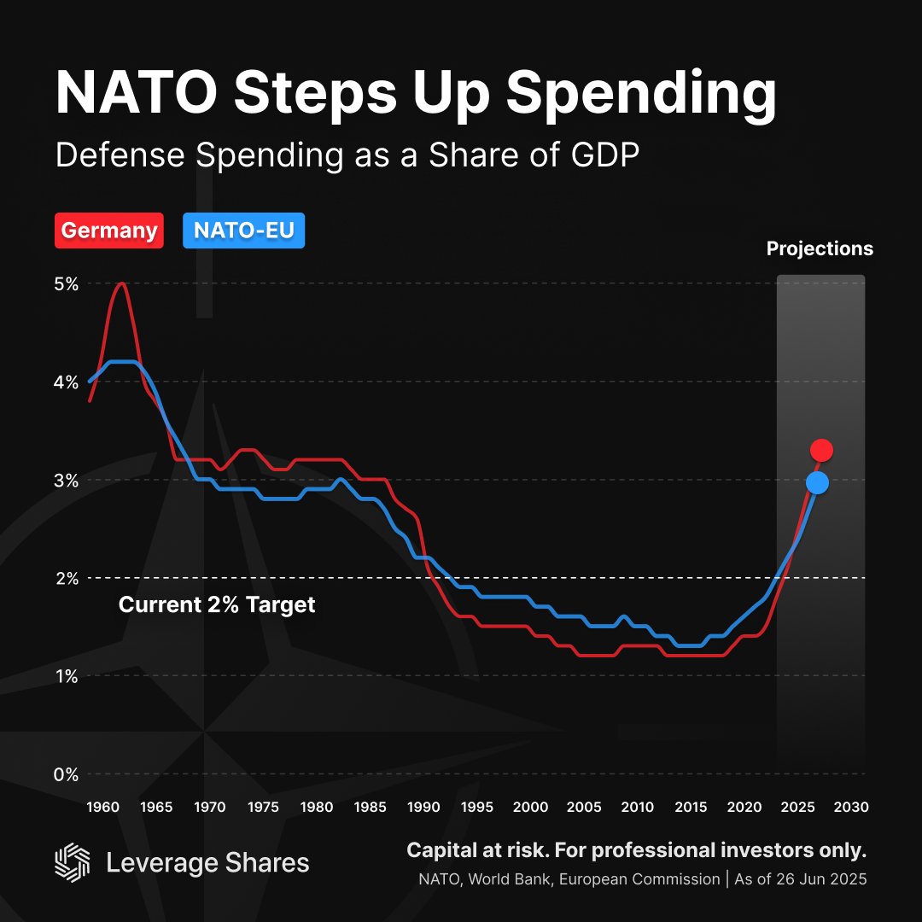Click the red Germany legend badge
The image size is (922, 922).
tap(109, 230)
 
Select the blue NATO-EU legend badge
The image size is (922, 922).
tap(244, 230)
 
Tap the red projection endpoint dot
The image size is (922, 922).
tap(821, 450)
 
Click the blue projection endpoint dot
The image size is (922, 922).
tap(817, 483)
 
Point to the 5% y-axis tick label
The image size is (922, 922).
tap(67, 283)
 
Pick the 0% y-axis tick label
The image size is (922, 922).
tap(67, 774)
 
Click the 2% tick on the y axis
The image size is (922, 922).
tap(67, 578)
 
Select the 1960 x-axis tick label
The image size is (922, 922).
tap(103, 807)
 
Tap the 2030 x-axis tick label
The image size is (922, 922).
tap(851, 807)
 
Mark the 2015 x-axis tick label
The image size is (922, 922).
tap(691, 807)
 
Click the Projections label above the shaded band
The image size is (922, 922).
tap(820, 248)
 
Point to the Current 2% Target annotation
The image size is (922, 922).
tap(217, 605)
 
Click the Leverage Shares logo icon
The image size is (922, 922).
tap(72, 862)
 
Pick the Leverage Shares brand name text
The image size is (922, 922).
tap(207, 863)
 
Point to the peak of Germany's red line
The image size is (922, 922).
tap(121, 283)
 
